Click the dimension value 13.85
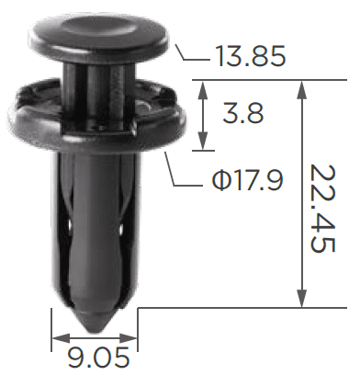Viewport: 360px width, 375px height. (x=251, y=56)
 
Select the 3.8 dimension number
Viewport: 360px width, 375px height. (x=243, y=113)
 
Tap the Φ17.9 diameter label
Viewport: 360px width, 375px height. (x=247, y=180)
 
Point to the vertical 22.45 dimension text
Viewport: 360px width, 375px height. (x=322, y=209)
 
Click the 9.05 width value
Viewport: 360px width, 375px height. (x=98, y=358)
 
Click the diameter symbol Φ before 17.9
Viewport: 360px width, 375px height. (x=220, y=181)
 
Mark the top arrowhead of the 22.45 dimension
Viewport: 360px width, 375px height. (x=302, y=89)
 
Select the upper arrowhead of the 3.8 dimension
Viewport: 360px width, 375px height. (x=203, y=90)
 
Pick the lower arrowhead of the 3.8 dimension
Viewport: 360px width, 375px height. (x=203, y=142)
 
